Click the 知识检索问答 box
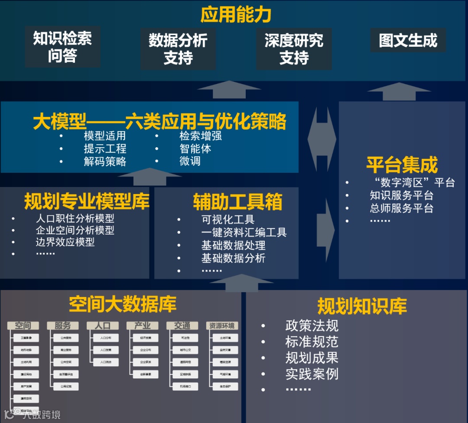pos(62,47)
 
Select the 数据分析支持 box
pos(178,49)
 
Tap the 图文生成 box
pos(408,41)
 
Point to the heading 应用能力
pos(236,15)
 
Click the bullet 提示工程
pos(105,149)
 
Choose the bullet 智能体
pos(195,149)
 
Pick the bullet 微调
pos(190,161)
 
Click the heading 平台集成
pos(402,165)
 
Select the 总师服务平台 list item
pos(401,208)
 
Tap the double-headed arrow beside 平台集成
pos(322,139)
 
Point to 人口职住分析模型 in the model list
pos(75,218)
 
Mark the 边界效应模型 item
pos(65,242)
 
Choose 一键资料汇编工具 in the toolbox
pos(244,232)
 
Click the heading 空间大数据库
pos(123,304)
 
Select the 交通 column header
pos(182,326)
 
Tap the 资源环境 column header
pos(222,326)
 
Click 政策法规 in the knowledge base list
pos(312,326)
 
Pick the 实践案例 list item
pos(312,374)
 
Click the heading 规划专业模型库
pos(87,202)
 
